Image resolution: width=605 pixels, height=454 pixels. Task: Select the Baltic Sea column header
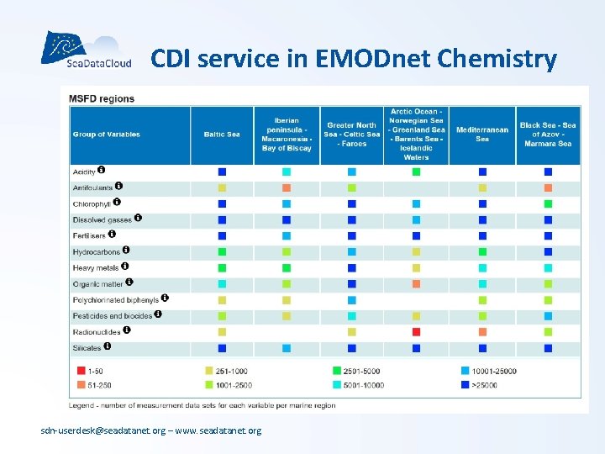222,135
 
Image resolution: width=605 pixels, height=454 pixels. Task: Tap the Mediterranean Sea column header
482,135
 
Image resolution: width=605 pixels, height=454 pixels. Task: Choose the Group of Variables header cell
107,135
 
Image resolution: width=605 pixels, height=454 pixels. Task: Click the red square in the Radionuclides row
416,332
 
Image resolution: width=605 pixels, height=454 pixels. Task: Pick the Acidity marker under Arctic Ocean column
416,172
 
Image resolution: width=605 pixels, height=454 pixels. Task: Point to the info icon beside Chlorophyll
117,202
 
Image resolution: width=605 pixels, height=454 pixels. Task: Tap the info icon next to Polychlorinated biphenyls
166,298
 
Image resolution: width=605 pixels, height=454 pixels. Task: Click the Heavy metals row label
95,268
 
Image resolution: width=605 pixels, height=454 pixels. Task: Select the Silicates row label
87,348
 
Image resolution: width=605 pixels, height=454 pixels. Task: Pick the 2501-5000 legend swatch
336,370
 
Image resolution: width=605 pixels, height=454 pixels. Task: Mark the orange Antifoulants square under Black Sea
548,187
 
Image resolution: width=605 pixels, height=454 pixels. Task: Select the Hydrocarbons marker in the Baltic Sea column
222,251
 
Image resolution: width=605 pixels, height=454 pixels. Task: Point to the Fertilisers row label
89,236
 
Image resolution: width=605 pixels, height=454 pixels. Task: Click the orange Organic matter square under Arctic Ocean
416,283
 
